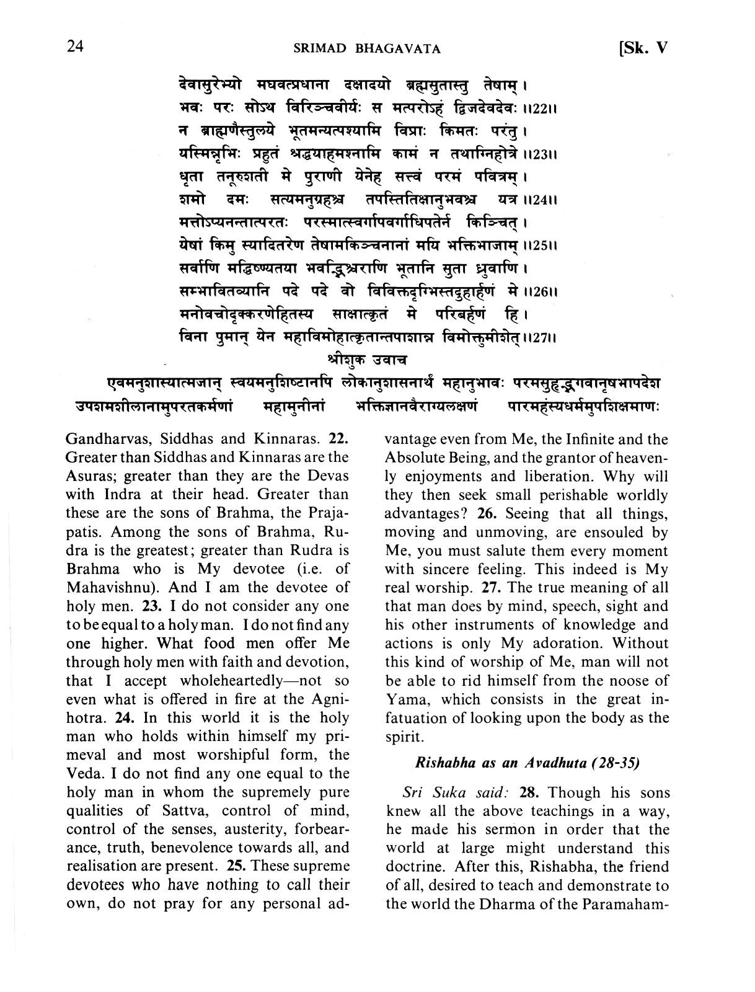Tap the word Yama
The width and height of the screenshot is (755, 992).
click(x=404, y=699)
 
